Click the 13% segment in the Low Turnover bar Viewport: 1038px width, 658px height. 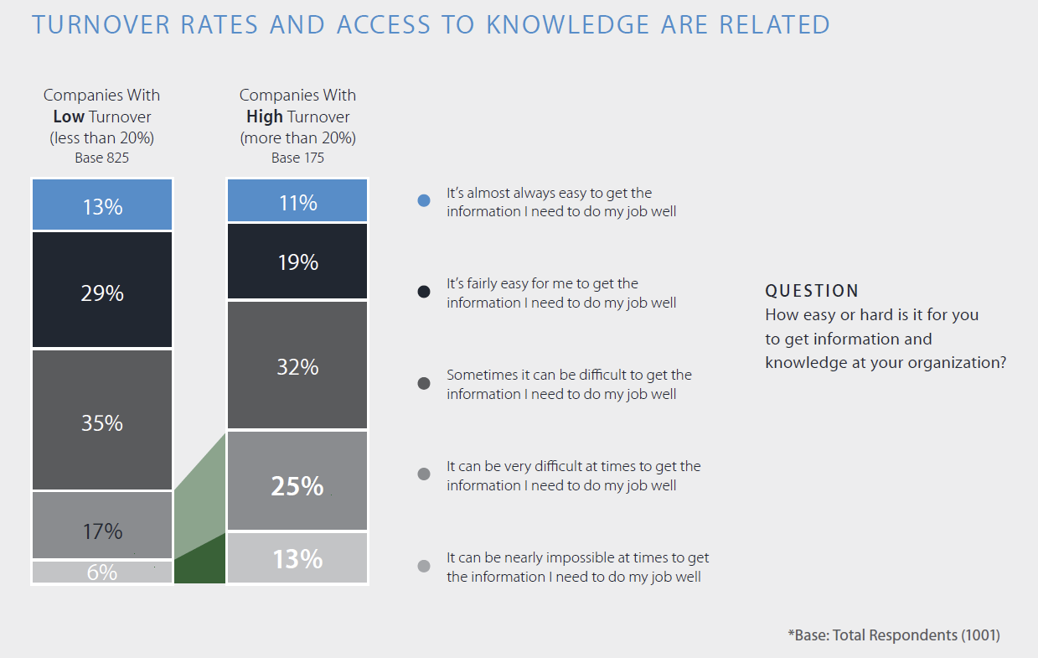coord(102,205)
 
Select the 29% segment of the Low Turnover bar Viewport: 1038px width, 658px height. coord(102,290)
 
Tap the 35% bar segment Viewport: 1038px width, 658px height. coord(102,420)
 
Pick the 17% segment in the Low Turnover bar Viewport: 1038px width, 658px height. coord(102,526)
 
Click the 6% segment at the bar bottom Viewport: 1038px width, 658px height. coord(102,573)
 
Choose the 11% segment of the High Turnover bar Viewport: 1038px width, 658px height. coord(297,201)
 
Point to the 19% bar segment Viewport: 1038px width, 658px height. coord(297,262)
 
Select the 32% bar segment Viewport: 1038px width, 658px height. coord(297,365)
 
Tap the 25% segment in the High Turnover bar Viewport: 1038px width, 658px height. coord(297,482)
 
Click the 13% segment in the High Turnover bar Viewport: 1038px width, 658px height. coord(297,558)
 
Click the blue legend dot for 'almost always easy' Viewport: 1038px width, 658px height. coord(424,200)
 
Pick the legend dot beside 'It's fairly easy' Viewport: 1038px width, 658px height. coord(424,292)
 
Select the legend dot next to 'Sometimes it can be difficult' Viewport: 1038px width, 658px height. coord(424,383)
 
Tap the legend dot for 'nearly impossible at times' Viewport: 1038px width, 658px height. coord(424,566)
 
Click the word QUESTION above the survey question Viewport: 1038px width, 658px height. coord(812,291)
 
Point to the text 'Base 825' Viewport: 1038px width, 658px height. coord(102,158)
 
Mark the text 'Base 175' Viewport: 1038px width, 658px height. coord(297,158)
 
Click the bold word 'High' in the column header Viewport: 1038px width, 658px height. coord(264,117)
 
